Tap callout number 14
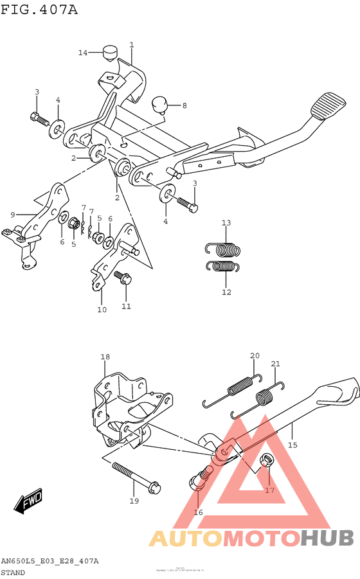83,53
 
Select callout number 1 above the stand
131,45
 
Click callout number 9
12,215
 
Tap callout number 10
102,310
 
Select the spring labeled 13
225,247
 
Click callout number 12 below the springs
226,292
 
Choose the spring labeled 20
240,386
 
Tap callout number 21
275,364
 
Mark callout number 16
198,512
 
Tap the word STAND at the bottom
14,572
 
